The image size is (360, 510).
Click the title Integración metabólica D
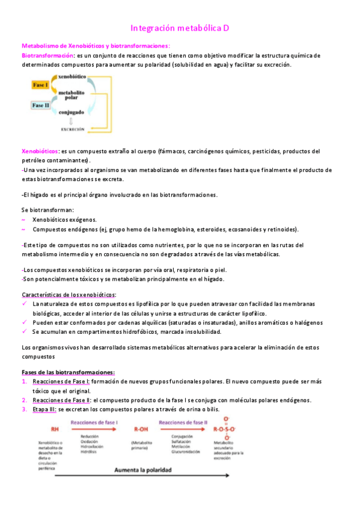(x=180, y=28)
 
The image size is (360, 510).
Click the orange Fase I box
(x=40, y=85)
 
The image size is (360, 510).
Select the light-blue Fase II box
(x=41, y=105)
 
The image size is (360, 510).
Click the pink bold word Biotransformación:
(x=48, y=55)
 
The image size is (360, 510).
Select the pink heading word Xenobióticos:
(x=40, y=151)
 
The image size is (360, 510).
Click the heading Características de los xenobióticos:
(x=69, y=294)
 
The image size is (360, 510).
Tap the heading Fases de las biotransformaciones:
(x=68, y=372)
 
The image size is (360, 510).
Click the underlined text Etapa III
(x=45, y=410)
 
